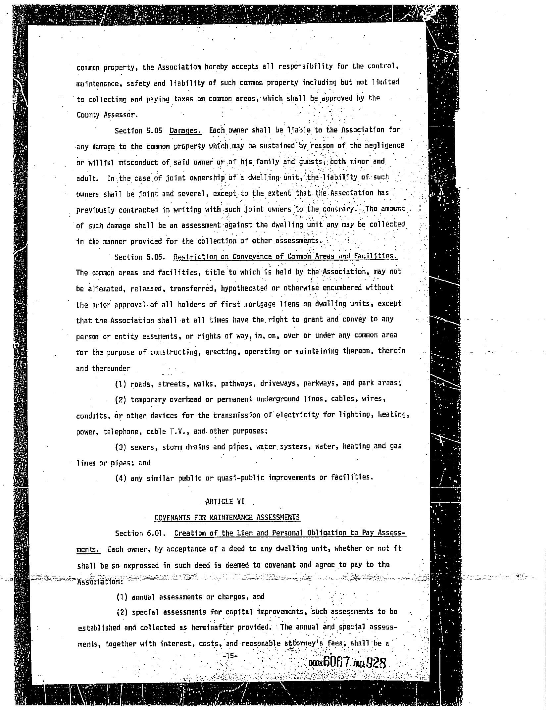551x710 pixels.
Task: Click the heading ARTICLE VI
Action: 225,501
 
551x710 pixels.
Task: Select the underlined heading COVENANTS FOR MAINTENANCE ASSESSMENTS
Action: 227,517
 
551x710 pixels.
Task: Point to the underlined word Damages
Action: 185,130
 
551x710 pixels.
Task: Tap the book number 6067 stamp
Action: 337,662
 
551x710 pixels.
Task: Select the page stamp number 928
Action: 376,663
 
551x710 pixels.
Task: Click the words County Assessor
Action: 106,115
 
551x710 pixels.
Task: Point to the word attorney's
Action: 303,643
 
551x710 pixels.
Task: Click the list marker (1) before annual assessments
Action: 122,597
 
